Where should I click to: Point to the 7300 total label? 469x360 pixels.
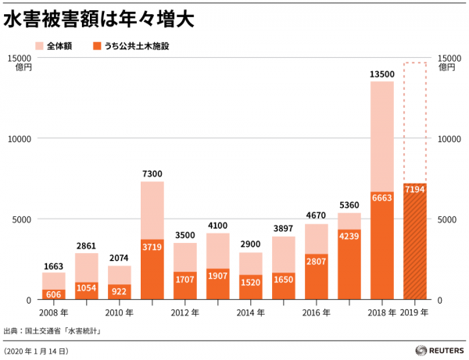(152, 174)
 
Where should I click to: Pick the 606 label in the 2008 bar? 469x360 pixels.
(54, 294)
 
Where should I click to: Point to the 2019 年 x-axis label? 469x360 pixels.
(414, 312)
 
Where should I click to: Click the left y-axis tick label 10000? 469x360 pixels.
(17, 138)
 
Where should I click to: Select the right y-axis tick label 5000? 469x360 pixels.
(449, 219)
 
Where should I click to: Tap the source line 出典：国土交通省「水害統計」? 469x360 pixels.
(55, 331)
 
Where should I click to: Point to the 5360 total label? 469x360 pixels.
(349, 205)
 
